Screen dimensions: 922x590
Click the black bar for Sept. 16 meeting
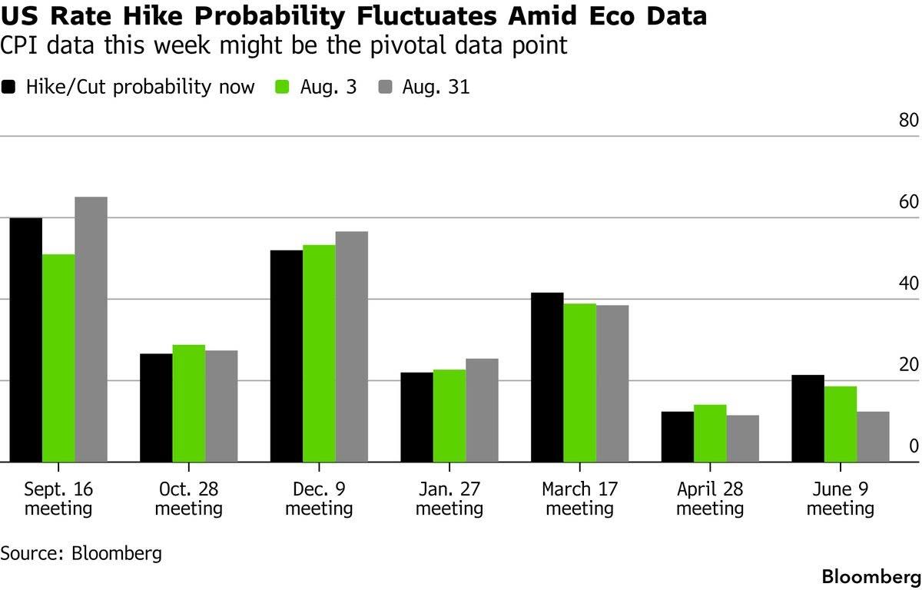click(26, 340)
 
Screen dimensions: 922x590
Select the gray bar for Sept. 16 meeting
click(91, 329)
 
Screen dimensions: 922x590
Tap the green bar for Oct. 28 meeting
click(189, 403)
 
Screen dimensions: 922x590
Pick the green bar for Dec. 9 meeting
click(320, 353)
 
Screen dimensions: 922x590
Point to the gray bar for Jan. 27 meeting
click(482, 410)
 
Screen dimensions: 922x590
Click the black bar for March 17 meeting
click(547, 377)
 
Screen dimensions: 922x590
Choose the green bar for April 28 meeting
click(711, 433)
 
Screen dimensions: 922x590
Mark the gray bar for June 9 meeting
click(874, 436)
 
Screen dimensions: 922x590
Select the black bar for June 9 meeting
click(808, 419)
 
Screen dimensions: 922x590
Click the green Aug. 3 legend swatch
click(282, 87)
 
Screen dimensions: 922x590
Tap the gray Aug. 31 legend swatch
click(385, 87)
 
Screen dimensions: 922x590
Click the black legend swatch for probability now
click(8, 87)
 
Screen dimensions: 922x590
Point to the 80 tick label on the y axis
click(909, 120)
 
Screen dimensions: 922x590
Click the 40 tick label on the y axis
click(909, 283)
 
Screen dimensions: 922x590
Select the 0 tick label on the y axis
click(914, 446)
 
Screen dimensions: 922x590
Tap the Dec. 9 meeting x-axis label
click(319, 499)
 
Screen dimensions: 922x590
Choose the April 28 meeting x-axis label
click(710, 499)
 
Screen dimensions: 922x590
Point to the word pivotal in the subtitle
click(407, 45)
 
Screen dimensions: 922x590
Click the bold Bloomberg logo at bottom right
click(871, 577)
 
